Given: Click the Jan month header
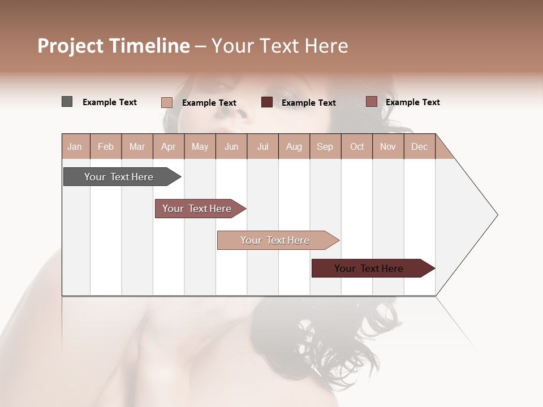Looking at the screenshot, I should click(x=75, y=146).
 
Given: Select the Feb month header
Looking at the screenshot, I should click(x=106, y=146).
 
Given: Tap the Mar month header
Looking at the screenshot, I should click(x=137, y=146).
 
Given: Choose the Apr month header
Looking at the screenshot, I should click(x=169, y=146).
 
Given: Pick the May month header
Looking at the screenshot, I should click(x=200, y=146).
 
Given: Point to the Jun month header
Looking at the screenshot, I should click(x=231, y=146).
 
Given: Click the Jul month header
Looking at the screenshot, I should click(x=262, y=146).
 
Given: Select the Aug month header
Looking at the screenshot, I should click(x=294, y=146).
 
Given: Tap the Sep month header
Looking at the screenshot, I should click(x=325, y=146).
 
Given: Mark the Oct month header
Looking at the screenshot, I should click(x=357, y=146).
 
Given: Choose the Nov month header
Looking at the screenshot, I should click(x=388, y=146).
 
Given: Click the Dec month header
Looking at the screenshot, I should click(x=420, y=146).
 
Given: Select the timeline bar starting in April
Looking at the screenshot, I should click(x=198, y=209).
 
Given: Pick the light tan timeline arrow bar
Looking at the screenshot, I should click(x=276, y=240).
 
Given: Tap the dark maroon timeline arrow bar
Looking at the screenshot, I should click(x=370, y=269).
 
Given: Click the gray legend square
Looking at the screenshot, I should click(x=67, y=102).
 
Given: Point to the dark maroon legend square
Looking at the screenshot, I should click(x=267, y=102).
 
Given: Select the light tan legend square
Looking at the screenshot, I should click(x=167, y=102).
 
